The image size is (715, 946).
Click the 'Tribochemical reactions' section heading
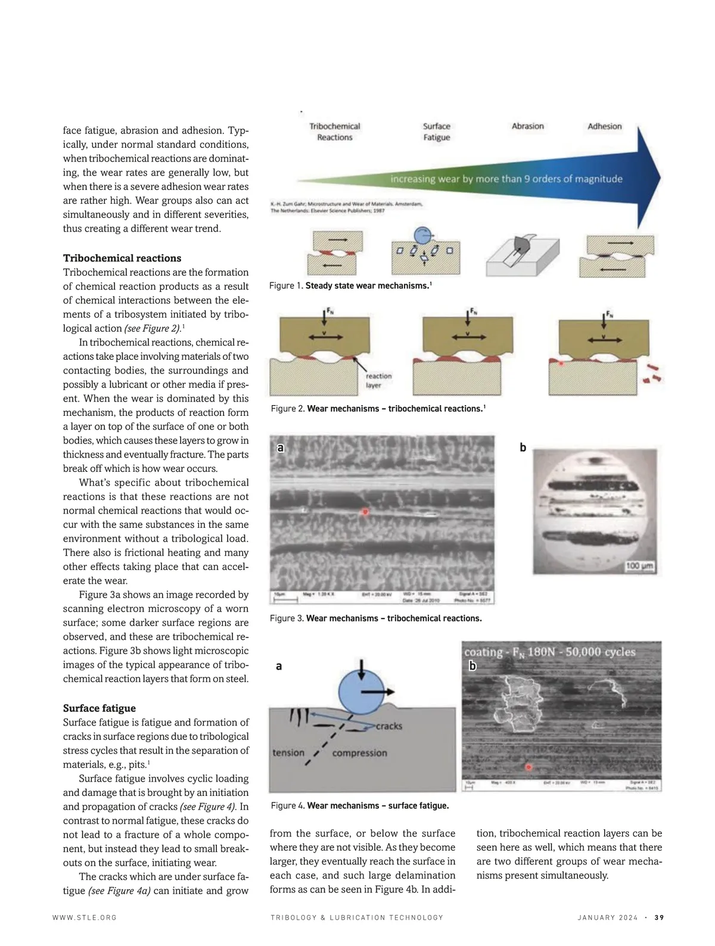pos(122,258)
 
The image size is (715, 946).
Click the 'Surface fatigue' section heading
pos(100,708)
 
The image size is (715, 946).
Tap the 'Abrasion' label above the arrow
pos(527,126)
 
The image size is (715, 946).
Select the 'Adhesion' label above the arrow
pos(604,126)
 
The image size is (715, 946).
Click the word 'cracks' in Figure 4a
pos(388,726)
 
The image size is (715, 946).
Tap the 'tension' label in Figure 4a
pos(288,752)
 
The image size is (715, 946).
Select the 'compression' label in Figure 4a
pos(359,753)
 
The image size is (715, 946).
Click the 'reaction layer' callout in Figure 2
pos(378,381)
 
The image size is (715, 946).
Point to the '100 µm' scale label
pos(639,565)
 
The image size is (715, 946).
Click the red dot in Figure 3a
pos(365,512)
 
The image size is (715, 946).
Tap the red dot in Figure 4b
pos(528,767)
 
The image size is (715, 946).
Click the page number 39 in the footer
pos(659,917)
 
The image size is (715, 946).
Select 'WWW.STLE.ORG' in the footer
pos(85,917)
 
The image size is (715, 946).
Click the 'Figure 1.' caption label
pos(286,286)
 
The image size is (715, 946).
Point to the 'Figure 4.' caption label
pos(288,806)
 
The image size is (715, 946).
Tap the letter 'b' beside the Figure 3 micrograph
pos(523,447)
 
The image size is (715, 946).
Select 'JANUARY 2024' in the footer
pos(607,917)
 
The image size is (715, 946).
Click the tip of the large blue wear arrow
pos(659,177)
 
